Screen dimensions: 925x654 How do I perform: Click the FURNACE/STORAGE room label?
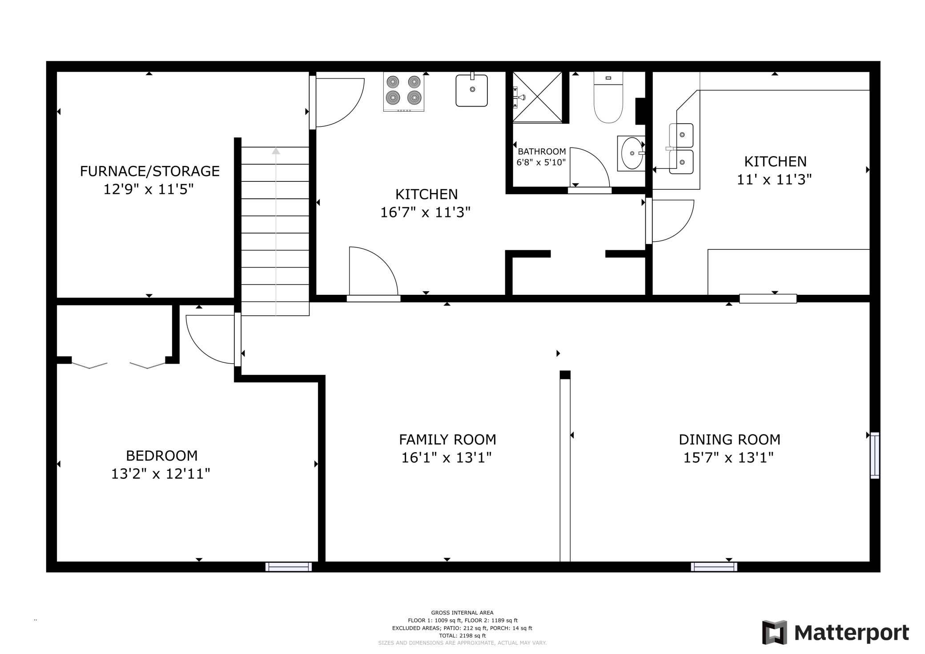coord(150,171)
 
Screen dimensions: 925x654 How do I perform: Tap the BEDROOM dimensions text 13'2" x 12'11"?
coord(161,474)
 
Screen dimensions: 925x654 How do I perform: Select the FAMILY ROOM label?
coord(447,440)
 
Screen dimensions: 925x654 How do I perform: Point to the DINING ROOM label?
coord(729,440)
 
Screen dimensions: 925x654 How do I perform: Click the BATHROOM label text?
coord(542,152)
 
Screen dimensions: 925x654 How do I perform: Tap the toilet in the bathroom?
coord(608,97)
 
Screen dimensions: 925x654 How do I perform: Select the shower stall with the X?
coord(538,97)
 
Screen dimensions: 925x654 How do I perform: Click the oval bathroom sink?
coord(632,153)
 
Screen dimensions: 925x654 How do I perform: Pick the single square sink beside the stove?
coord(472,90)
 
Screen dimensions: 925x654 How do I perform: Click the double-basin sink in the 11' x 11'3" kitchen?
coord(681,148)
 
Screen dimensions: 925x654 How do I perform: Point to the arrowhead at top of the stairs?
coord(276,151)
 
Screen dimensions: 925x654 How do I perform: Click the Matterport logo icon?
coord(775,632)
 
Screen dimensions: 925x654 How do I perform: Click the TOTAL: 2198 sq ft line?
coord(462,636)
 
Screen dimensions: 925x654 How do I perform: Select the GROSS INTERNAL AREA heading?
coord(462,613)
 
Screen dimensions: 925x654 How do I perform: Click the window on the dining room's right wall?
coord(875,455)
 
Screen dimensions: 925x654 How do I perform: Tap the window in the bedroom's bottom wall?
coord(289,567)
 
